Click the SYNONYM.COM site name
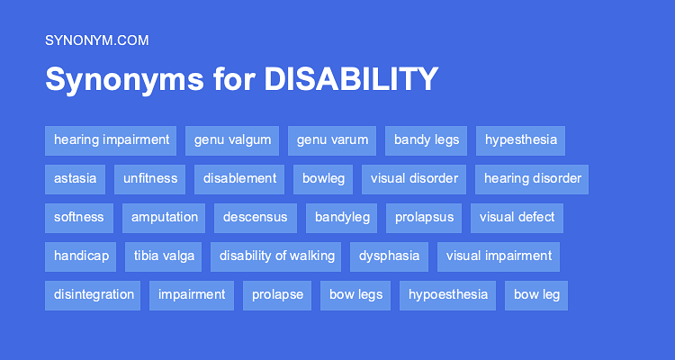click(96, 40)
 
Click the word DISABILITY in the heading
click(350, 79)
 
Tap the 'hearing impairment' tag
click(112, 140)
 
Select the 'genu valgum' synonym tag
click(232, 140)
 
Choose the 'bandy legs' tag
click(427, 140)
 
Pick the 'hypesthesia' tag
click(521, 140)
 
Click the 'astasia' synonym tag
click(76, 179)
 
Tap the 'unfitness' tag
click(150, 179)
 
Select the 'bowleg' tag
click(323, 179)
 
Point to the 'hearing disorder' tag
click(533, 179)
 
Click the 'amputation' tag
click(164, 218)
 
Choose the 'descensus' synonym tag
click(256, 218)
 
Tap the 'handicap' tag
click(81, 256)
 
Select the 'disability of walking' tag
click(277, 256)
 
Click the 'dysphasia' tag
click(390, 256)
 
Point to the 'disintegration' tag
click(94, 295)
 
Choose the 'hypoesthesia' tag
click(448, 295)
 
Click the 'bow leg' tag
click(537, 295)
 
